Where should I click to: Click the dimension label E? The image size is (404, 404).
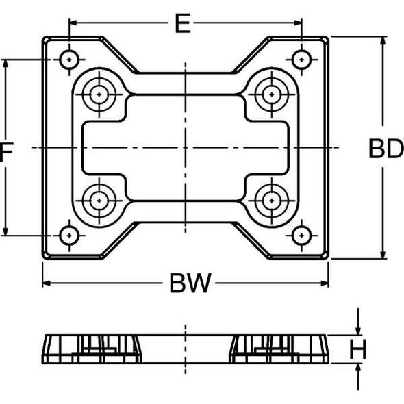pyautogui.click(x=181, y=23)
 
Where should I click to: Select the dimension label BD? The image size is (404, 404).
pyautogui.click(x=386, y=149)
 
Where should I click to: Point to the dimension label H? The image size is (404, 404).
pyautogui.click(x=358, y=349)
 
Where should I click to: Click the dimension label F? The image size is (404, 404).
pyautogui.click(x=6, y=152)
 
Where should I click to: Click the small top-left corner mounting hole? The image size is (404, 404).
pyautogui.click(x=68, y=60)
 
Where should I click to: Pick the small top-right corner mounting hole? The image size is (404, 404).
pyautogui.click(x=301, y=60)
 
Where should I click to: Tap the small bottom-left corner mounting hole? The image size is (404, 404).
pyautogui.click(x=68, y=235)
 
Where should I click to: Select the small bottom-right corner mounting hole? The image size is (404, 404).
pyautogui.click(x=301, y=235)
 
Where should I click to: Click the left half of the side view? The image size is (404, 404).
pyautogui.click(x=93, y=349)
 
